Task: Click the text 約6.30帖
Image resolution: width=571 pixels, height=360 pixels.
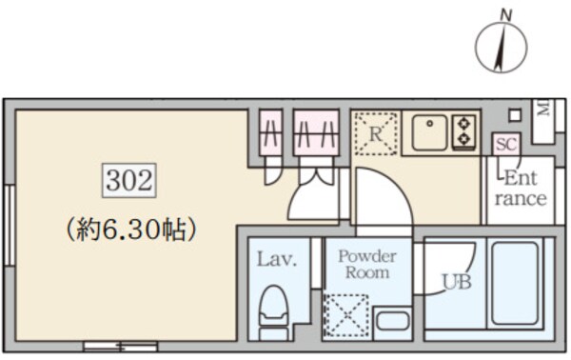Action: [131, 229]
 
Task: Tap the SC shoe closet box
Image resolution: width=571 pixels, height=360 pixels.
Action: [504, 144]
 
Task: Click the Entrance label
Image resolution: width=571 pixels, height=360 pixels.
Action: [521, 189]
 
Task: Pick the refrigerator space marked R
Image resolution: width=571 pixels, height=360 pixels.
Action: [375, 134]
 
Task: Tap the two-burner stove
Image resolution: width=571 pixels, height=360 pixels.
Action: [465, 131]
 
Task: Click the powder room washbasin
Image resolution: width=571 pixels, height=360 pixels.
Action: [392, 319]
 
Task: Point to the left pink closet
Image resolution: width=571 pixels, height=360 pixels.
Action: [272, 134]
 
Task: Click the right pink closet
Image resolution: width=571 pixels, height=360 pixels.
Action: [316, 134]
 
